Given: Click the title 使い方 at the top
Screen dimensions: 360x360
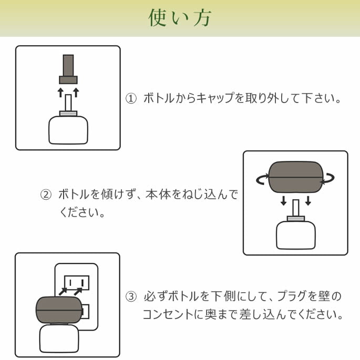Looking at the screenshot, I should point(180,18).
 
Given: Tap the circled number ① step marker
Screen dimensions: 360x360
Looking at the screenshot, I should point(131,98).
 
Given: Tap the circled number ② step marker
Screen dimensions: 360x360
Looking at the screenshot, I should point(46,194).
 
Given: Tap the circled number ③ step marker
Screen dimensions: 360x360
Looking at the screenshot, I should point(131,297).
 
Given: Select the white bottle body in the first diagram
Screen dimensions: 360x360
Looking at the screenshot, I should point(68,130).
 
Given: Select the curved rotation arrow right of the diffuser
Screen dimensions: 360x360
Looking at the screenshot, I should point(330,179).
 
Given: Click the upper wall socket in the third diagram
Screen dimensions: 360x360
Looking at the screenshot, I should point(77,282).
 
